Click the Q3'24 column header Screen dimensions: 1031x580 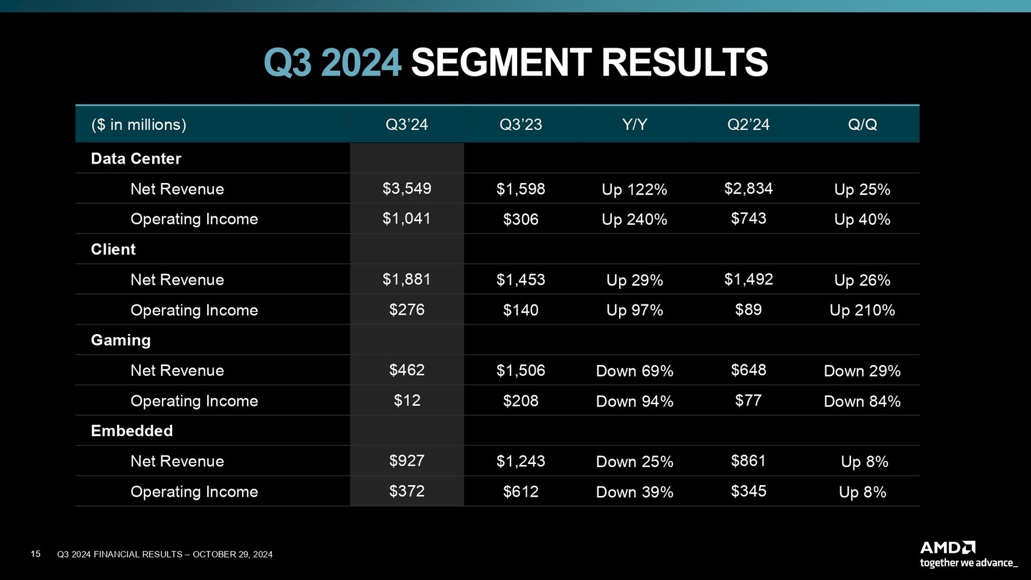pyautogui.click(x=406, y=124)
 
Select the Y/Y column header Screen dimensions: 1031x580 pyautogui.click(x=634, y=124)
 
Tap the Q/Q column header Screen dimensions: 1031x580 pyautogui.click(x=862, y=124)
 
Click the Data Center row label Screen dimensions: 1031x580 pyautogui.click(x=136, y=158)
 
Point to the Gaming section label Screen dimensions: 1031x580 pyautogui.click(x=121, y=340)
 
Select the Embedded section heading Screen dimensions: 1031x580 pyautogui.click(x=132, y=430)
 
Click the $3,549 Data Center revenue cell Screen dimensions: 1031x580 pyautogui.click(x=406, y=188)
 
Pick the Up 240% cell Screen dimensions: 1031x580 pyautogui.click(x=634, y=219)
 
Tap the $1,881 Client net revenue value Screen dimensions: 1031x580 pyautogui.click(x=406, y=279)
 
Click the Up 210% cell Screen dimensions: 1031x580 pyautogui.click(x=862, y=311)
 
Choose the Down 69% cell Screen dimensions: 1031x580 pyautogui.click(x=634, y=370)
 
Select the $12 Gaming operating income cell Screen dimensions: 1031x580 pyautogui.click(x=407, y=400)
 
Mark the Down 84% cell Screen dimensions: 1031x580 pyautogui.click(x=862, y=401)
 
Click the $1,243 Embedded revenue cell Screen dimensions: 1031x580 pyautogui.click(x=521, y=461)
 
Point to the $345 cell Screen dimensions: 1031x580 pyautogui.click(x=748, y=491)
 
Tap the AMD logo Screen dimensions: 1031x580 pyautogui.click(x=947, y=548)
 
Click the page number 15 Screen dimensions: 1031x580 pyautogui.click(x=36, y=554)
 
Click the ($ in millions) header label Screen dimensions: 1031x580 pyautogui.click(x=138, y=124)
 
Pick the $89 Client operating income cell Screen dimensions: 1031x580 pyautogui.click(x=748, y=309)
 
